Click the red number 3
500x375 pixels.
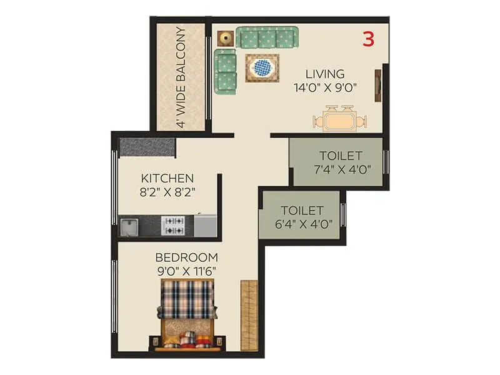pos(368,39)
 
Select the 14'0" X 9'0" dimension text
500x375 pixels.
pos(324,88)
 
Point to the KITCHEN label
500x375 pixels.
pos(167,178)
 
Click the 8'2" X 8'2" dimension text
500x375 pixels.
pos(167,192)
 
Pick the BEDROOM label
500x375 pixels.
pos(186,257)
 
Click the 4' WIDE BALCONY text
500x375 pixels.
pos(181,77)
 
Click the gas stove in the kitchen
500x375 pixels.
pos(172,226)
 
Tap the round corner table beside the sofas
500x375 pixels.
pos(225,37)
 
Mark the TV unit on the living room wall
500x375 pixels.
pos(379,85)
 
